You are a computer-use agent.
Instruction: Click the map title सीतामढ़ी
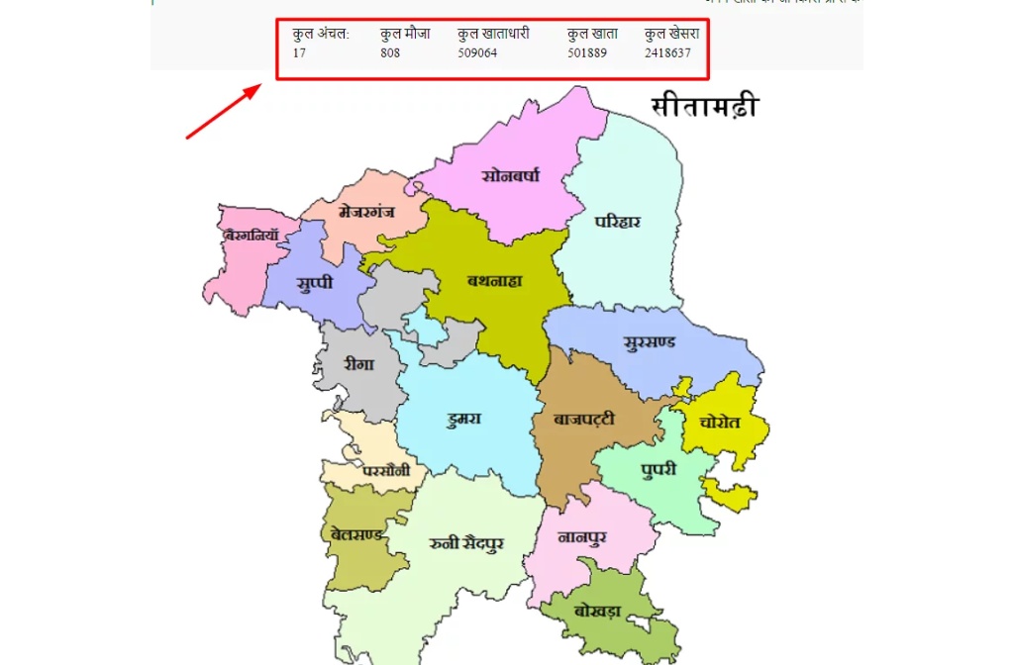point(704,106)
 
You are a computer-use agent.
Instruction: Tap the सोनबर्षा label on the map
point(510,176)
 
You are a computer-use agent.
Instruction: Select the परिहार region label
point(618,222)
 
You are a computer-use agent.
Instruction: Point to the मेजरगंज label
point(367,212)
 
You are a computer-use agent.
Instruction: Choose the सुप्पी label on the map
point(315,283)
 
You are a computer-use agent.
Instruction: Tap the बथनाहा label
point(495,280)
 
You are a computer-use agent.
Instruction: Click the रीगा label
point(359,364)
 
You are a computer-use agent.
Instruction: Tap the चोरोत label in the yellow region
point(720,421)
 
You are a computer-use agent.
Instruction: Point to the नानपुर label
point(582,537)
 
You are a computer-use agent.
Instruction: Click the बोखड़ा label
point(597,611)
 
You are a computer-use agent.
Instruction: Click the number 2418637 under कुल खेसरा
point(667,53)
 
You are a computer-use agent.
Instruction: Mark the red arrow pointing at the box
point(223,111)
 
